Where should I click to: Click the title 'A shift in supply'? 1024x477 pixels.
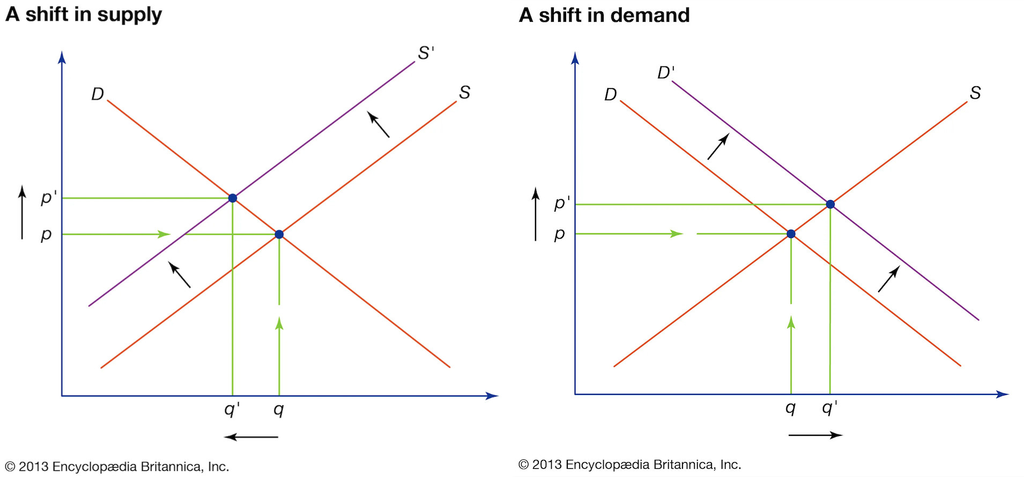pyautogui.click(x=84, y=14)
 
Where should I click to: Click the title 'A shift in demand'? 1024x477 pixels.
pyautogui.click(x=604, y=15)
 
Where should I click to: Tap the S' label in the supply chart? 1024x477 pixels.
pyautogui.click(x=426, y=53)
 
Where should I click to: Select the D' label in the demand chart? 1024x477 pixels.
pyautogui.click(x=666, y=72)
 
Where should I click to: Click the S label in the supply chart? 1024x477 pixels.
pyautogui.click(x=464, y=93)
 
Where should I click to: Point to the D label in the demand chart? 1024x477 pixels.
pyautogui.click(x=610, y=95)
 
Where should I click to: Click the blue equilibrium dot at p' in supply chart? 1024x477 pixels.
pyautogui.click(x=233, y=198)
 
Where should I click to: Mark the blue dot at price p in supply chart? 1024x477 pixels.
pyautogui.click(x=279, y=234)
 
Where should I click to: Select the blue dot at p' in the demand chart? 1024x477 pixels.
pyautogui.click(x=830, y=204)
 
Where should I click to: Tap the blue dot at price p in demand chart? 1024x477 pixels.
pyautogui.click(x=791, y=234)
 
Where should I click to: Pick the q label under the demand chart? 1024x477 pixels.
pyautogui.click(x=790, y=408)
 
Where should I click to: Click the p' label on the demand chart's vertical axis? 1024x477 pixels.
pyautogui.click(x=561, y=203)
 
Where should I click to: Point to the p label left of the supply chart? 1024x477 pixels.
pyautogui.click(x=47, y=235)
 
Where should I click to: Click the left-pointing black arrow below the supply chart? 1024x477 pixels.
pyautogui.click(x=251, y=437)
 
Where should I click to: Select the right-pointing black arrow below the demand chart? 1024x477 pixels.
pyautogui.click(x=815, y=435)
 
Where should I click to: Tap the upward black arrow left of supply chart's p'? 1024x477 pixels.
pyautogui.click(x=22, y=212)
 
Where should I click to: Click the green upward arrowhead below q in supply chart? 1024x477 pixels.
pyautogui.click(x=279, y=323)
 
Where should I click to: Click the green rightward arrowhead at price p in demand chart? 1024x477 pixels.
pyautogui.click(x=677, y=234)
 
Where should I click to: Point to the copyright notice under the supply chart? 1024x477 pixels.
pyautogui.click(x=117, y=467)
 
